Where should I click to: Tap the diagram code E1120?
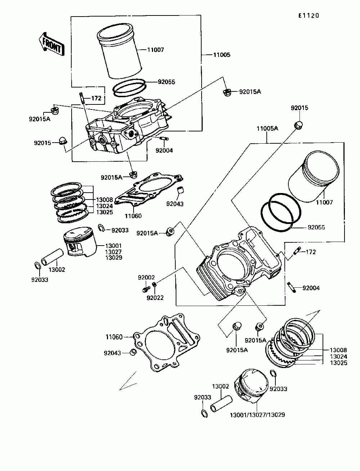point(309,16)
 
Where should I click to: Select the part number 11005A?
point(267,129)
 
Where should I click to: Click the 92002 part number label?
point(146,277)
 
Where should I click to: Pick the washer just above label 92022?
point(154,285)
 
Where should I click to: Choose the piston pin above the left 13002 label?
point(52,257)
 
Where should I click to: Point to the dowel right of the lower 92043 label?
point(133,352)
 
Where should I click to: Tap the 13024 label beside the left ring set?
point(104,206)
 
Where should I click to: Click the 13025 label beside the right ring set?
point(338,363)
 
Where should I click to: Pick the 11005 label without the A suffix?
point(222,55)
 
